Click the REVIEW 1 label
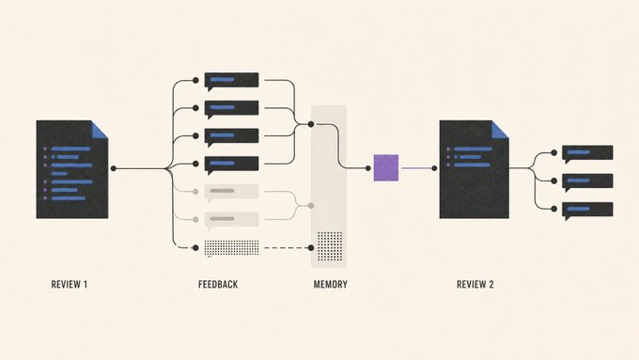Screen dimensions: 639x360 pyautogui.click(x=70, y=284)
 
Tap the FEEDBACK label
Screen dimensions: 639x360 pyautogui.click(x=218, y=284)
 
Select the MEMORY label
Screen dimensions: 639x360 pyautogui.click(x=331, y=284)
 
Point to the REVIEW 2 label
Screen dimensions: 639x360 pyautogui.click(x=475, y=284)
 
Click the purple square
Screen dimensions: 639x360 pyautogui.click(x=386, y=167)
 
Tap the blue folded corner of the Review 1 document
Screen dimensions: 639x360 pyautogui.click(x=99, y=131)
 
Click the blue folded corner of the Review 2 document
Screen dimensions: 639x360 pyautogui.click(x=500, y=131)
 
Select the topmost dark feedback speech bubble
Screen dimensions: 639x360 pyautogui.click(x=231, y=81)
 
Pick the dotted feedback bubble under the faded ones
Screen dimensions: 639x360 pyautogui.click(x=231, y=248)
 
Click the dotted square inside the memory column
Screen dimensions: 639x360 pyautogui.click(x=330, y=246)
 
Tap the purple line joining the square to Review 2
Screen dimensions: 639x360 pyautogui.click(x=416, y=168)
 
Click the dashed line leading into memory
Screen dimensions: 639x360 pyautogui.click(x=286, y=247)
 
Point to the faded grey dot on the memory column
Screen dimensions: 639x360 pyautogui.click(x=311, y=206)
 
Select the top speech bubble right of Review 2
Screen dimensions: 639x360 pyautogui.click(x=587, y=154)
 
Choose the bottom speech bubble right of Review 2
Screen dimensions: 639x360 pyautogui.click(x=587, y=211)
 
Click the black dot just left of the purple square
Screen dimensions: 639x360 pyautogui.click(x=368, y=168)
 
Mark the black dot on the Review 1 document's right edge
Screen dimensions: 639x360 pyautogui.click(x=114, y=168)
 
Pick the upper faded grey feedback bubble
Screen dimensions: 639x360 pyautogui.click(x=231, y=193)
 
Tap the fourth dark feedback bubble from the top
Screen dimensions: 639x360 pyautogui.click(x=231, y=164)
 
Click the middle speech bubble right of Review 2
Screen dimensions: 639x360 pyautogui.click(x=587, y=181)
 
